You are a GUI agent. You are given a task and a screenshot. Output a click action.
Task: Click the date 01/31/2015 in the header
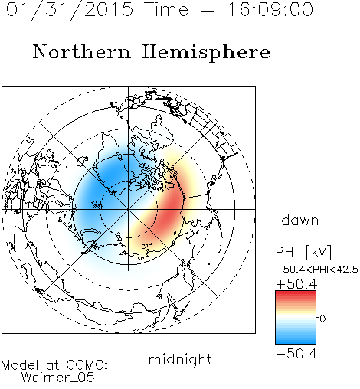(70, 10)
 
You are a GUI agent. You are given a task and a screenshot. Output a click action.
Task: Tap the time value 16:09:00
(270, 9)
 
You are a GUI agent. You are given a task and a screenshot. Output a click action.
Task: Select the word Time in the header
(166, 9)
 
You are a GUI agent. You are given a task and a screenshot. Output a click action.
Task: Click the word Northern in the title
(82, 51)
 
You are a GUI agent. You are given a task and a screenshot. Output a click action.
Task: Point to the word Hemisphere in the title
(206, 53)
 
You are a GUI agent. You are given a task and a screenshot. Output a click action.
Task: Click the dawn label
(300, 220)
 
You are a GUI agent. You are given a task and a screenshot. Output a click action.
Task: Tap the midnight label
(180, 359)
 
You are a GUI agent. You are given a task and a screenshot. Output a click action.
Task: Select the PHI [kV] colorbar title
(303, 252)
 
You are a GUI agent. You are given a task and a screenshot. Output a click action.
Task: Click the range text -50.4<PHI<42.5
(317, 270)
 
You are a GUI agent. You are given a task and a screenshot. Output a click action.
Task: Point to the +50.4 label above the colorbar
(296, 284)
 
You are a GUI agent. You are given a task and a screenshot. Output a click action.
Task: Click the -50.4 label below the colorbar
(296, 354)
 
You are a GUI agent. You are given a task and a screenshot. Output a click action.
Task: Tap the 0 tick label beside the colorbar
(322, 319)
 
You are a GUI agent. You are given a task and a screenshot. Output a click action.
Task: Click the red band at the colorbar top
(296, 294)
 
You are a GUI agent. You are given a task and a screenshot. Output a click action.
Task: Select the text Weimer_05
(58, 378)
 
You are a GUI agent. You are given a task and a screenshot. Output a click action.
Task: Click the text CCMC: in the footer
(87, 365)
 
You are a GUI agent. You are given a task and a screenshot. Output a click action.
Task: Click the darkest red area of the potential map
(171, 209)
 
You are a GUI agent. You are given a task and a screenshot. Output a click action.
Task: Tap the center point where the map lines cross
(129, 209)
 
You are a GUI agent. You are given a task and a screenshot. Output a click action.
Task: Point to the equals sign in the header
(207, 10)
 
